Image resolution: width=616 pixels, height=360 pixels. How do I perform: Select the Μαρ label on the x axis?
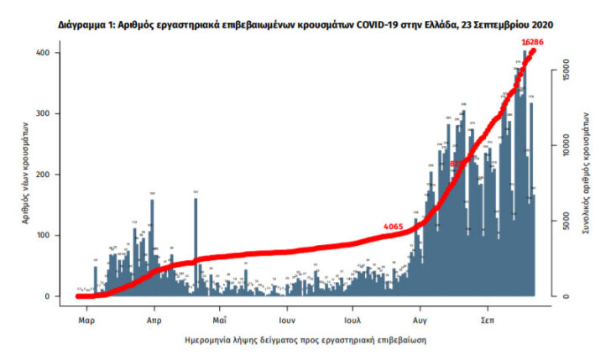coord(86,321)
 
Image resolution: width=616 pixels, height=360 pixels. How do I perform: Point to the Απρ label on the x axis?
coord(154,321)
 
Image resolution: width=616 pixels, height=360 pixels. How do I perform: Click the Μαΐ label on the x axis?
coord(219,321)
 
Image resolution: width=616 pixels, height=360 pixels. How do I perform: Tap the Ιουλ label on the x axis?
coord(352,321)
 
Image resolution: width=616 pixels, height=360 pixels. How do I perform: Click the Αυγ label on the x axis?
coord(420,321)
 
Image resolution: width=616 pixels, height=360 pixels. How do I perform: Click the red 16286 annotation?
coord(533,40)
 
